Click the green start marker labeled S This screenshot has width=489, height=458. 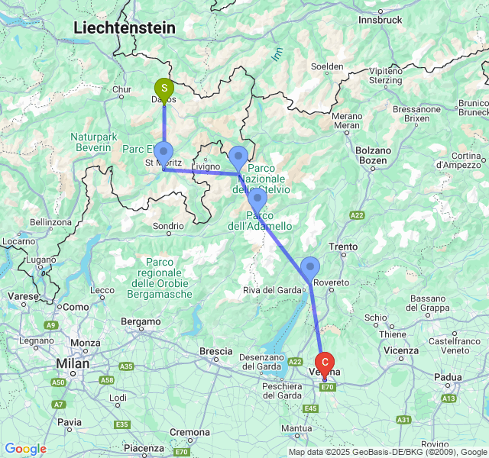(164, 89)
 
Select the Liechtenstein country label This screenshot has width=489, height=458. (125, 27)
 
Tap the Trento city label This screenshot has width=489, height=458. (342, 247)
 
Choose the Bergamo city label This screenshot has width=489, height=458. (141, 322)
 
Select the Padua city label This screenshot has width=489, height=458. (448, 376)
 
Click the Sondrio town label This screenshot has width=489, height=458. (168, 226)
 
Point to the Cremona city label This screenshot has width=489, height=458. (190, 432)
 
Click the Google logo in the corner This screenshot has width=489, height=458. (25, 449)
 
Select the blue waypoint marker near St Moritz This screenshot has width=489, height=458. (164, 151)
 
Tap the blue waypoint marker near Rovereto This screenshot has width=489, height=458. (310, 267)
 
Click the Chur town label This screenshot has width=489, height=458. (122, 89)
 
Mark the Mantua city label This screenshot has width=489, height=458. (296, 429)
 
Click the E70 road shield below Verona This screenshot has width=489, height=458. (328, 388)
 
